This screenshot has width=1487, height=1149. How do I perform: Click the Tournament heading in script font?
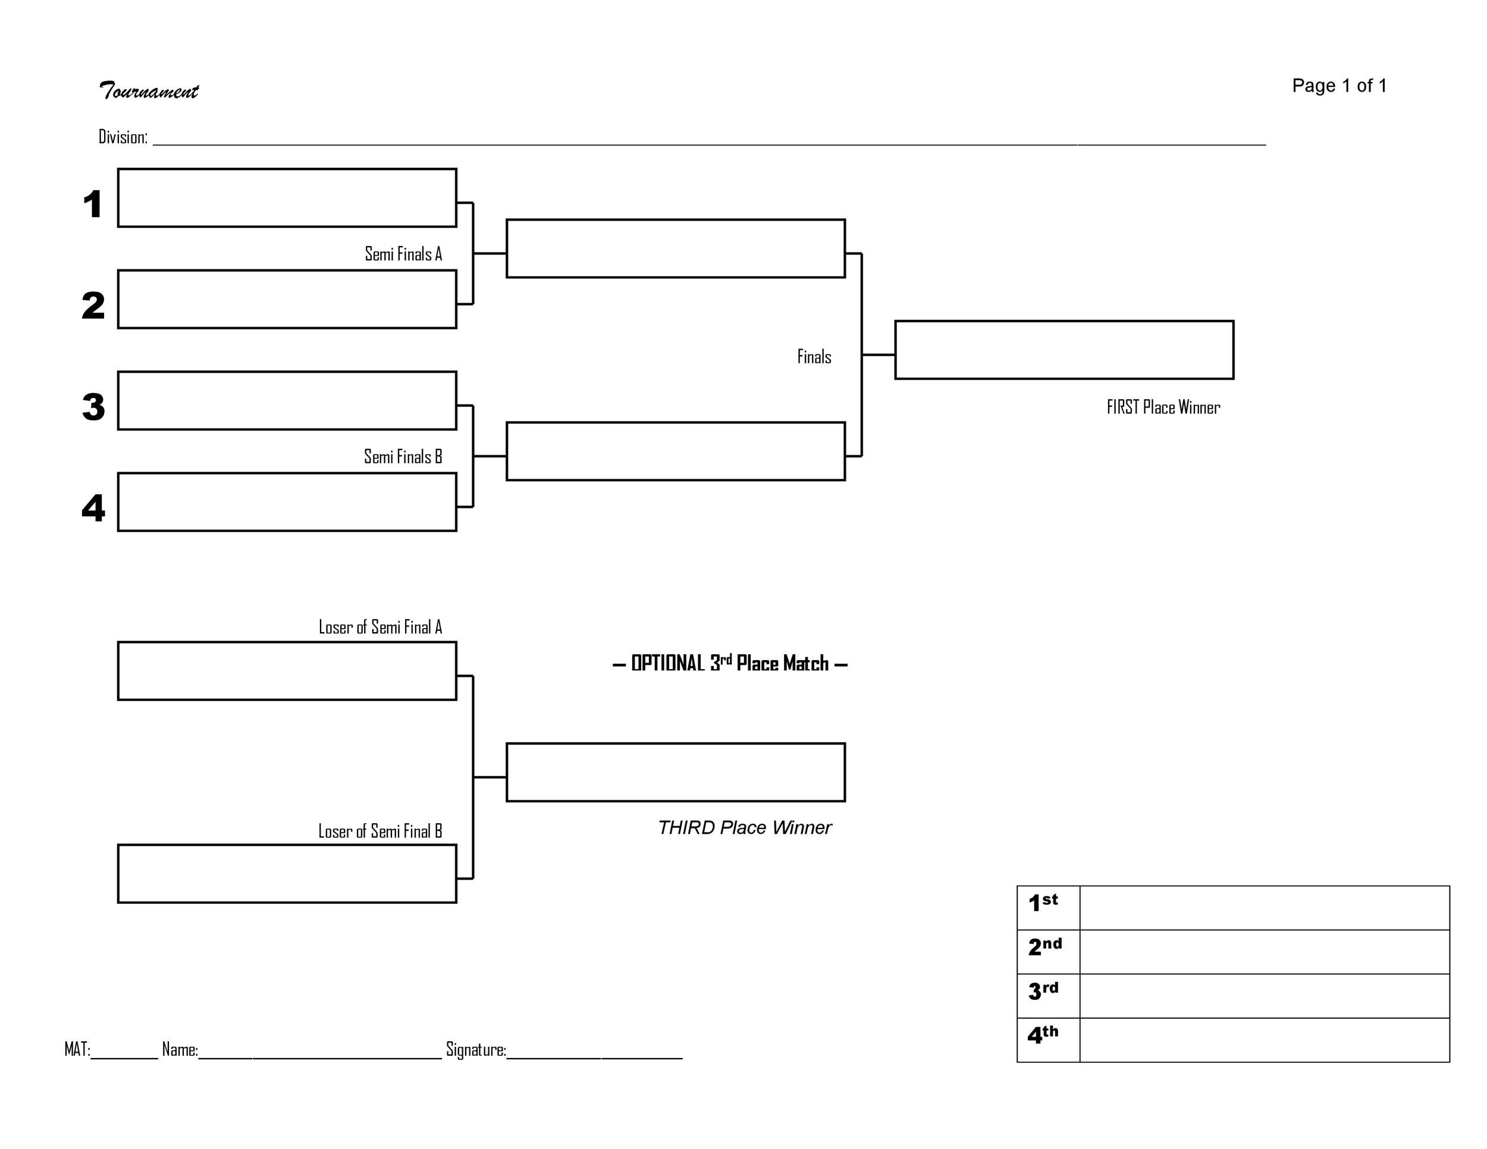[149, 90]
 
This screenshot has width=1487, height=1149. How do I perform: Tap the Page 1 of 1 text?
[1338, 86]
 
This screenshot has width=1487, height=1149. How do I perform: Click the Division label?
[123, 137]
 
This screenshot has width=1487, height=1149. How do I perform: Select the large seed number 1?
[93, 203]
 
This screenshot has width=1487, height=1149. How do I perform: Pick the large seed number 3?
[93, 406]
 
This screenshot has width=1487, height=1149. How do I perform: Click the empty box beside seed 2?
[287, 300]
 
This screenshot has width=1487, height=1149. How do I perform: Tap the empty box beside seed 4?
[287, 503]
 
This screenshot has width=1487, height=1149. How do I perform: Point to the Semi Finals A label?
[403, 254]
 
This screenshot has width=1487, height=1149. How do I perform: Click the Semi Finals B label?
[403, 457]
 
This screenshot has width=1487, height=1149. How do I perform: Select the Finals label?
[814, 357]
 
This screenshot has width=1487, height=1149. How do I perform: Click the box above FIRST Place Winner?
[1064, 350]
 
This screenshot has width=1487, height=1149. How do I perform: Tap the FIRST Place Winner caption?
[1163, 407]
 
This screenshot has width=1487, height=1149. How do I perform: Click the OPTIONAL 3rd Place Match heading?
[730, 663]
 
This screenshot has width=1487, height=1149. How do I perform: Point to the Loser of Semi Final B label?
[380, 831]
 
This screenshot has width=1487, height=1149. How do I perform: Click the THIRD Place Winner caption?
[744, 828]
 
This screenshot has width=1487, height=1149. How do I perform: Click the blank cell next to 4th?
[1264, 1040]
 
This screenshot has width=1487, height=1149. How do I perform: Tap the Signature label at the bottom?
[475, 1050]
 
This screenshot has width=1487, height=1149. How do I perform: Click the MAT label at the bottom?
[77, 1049]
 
